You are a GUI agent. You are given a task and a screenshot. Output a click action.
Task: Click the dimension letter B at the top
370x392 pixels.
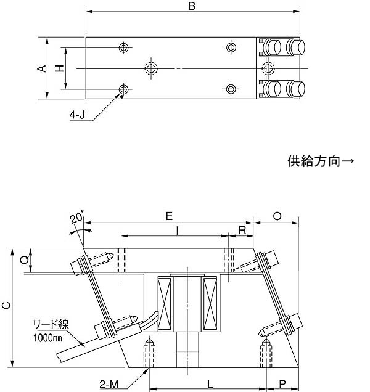(192, 7)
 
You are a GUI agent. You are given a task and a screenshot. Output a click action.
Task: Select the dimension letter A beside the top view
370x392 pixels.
(41, 68)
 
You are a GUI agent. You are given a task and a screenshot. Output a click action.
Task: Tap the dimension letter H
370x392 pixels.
(59, 68)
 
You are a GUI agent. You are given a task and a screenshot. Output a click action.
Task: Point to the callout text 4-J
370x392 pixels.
(78, 115)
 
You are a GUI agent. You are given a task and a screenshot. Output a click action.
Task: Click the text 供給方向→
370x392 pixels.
(321, 162)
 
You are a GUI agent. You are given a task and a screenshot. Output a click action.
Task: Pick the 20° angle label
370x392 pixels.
(76, 219)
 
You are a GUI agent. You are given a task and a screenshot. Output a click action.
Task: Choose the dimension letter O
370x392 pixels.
(277, 216)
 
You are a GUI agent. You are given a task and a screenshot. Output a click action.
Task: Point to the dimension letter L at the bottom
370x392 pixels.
(210, 384)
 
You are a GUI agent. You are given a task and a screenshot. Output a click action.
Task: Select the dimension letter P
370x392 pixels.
(282, 384)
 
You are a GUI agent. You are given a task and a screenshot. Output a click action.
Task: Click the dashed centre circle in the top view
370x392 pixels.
(150, 68)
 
